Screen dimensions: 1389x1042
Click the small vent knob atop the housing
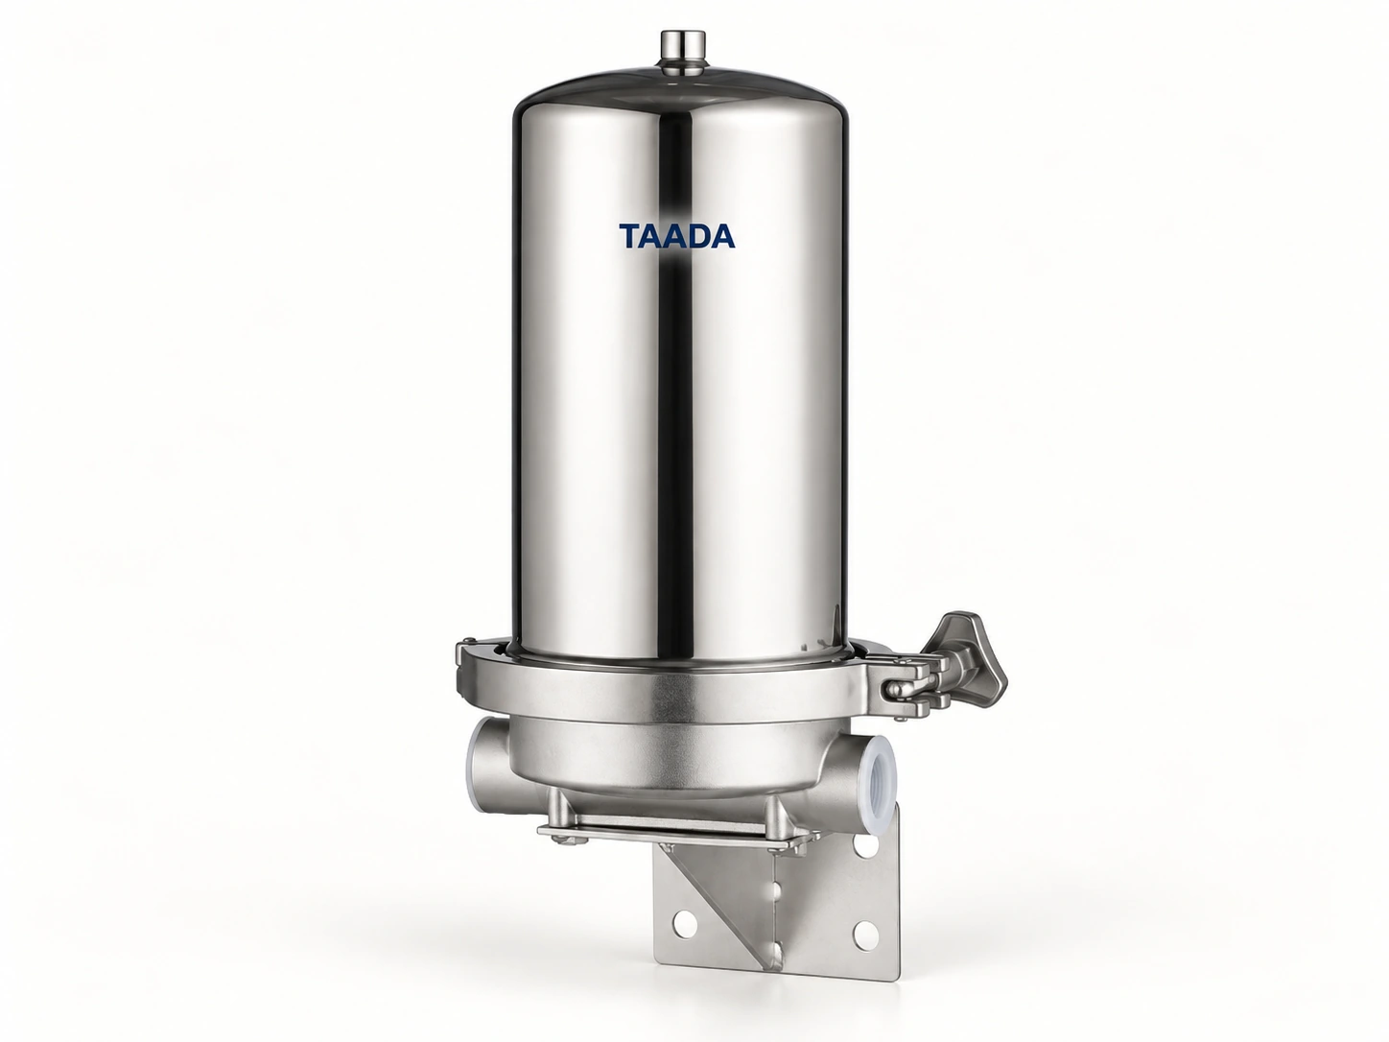[x=683, y=48]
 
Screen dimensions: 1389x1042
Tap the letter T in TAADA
[x=631, y=235]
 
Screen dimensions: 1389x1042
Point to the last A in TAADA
[x=722, y=235]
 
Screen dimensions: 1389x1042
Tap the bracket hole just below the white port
[x=864, y=844]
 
